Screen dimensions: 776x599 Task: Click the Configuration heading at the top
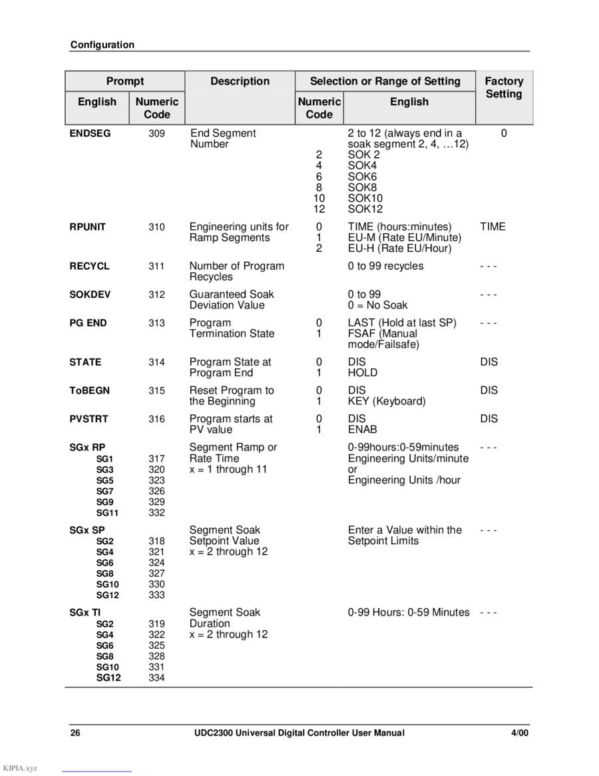pyautogui.click(x=102, y=45)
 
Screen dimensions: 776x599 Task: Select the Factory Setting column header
pyautogui.click(x=504, y=87)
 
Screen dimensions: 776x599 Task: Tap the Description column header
pyautogui.click(x=240, y=81)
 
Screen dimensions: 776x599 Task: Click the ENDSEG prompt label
pyautogui.click(x=90, y=133)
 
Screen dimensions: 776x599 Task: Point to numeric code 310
pyautogui.click(x=156, y=227)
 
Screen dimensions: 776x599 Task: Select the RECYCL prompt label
pyautogui.click(x=90, y=266)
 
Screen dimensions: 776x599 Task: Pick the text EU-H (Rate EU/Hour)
pyautogui.click(x=399, y=248)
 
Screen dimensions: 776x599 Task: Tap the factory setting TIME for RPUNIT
pyautogui.click(x=493, y=227)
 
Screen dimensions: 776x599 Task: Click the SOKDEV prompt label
pyautogui.click(x=91, y=294)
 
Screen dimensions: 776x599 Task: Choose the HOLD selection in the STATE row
pyautogui.click(x=363, y=373)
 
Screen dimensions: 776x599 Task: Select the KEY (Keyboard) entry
pyautogui.click(x=387, y=401)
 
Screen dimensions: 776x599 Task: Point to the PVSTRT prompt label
pyautogui.click(x=89, y=419)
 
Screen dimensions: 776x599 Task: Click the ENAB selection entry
pyautogui.click(x=363, y=430)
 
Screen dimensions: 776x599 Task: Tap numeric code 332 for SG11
pyautogui.click(x=156, y=513)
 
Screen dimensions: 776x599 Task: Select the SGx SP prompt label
pyautogui.click(x=87, y=530)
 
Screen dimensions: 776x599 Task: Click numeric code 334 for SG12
pyautogui.click(x=156, y=678)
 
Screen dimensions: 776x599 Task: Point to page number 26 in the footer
pyautogui.click(x=76, y=733)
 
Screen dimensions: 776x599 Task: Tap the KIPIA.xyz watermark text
pyautogui.click(x=20, y=769)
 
